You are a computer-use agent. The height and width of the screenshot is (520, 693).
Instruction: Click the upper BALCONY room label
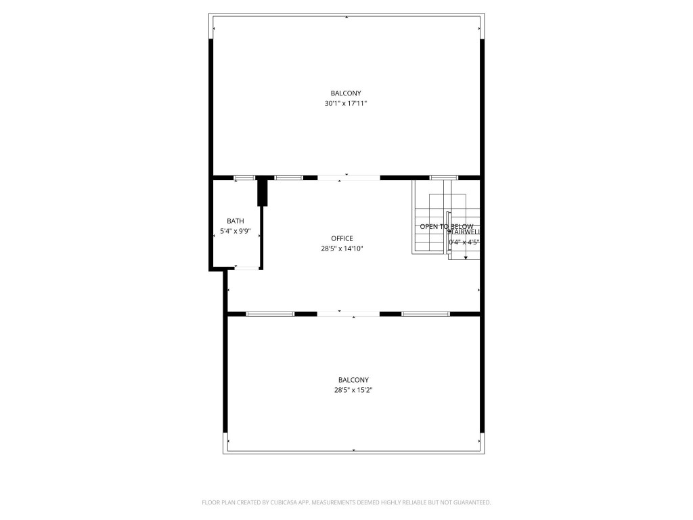[346, 93]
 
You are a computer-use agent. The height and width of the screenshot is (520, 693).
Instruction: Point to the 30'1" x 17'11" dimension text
[346, 104]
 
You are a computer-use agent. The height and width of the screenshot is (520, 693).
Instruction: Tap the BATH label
[236, 221]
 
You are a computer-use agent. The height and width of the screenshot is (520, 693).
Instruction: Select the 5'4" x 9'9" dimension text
[236, 232]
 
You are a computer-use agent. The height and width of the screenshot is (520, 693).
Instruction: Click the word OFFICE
[342, 238]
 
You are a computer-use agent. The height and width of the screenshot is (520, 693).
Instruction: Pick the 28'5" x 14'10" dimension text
[342, 248]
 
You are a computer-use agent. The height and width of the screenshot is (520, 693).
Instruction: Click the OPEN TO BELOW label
[446, 227]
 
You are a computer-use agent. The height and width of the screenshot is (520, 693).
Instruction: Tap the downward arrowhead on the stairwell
[466, 258]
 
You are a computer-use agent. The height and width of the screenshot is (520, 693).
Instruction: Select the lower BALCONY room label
[353, 380]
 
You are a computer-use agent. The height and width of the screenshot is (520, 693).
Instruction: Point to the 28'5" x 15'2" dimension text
[353, 390]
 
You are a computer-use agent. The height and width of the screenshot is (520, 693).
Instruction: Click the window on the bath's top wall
[244, 178]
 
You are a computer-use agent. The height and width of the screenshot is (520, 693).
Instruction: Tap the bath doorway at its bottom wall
[246, 268]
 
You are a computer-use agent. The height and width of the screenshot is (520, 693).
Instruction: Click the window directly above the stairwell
[444, 178]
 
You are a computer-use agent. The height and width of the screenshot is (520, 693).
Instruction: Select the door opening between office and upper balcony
[349, 178]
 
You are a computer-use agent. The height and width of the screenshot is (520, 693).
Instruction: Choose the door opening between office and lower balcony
[349, 314]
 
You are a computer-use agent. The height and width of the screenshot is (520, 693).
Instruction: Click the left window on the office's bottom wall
[270, 314]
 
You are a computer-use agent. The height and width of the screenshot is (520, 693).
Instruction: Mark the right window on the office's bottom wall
[426, 314]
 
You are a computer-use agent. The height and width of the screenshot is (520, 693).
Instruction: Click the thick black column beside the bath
[263, 192]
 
